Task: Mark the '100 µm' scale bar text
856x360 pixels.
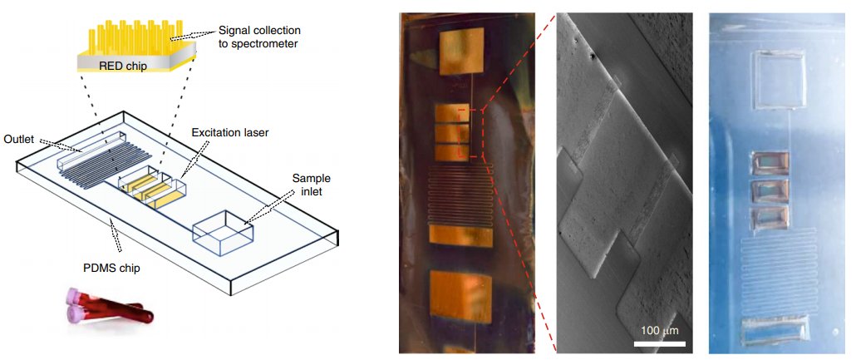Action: pos(661,330)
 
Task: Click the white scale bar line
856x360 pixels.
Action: pos(660,343)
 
